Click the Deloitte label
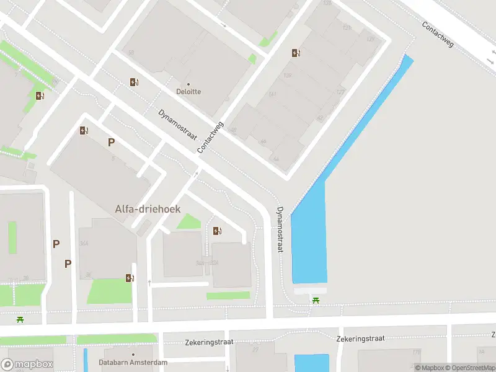pyautogui.click(x=188, y=91)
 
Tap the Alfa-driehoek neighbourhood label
pyautogui.click(x=148, y=209)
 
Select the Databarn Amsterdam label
pyautogui.click(x=133, y=363)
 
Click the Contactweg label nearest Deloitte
pyautogui.click(x=210, y=138)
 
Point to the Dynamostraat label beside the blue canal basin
pyautogui.click(x=280, y=229)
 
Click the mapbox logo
pyautogui.click(x=27, y=365)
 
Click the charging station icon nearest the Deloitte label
pyautogui.click(x=134, y=82)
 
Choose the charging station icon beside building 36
pyautogui.click(x=130, y=278)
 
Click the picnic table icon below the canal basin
pyautogui.click(x=316, y=301)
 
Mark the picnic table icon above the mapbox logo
pyautogui.click(x=20, y=319)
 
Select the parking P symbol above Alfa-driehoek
pyautogui.click(x=112, y=142)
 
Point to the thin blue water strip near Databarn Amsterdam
pyautogui.click(x=86, y=360)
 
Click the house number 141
pyautogui.click(x=272, y=94)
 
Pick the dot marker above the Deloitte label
pyautogui.click(x=188, y=84)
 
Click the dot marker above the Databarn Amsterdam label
pyautogui.click(x=133, y=355)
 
